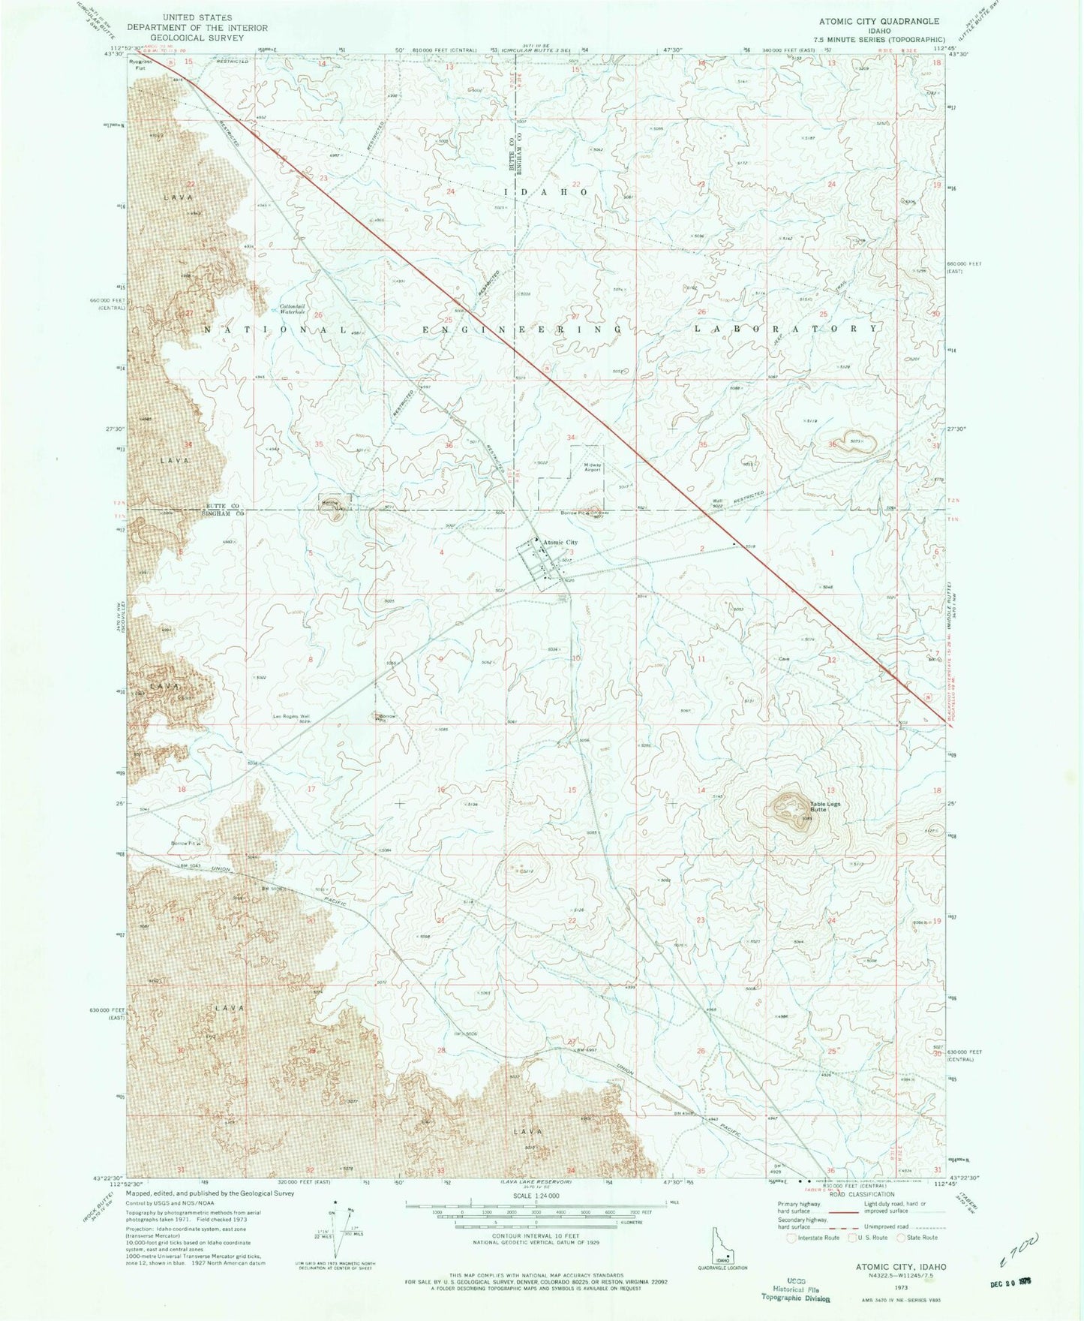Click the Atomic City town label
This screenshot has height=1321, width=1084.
(x=560, y=542)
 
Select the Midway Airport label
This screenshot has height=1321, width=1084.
(x=594, y=466)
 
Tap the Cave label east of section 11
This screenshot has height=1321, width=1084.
(x=785, y=659)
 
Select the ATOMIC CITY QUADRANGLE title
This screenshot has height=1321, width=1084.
(x=879, y=22)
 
